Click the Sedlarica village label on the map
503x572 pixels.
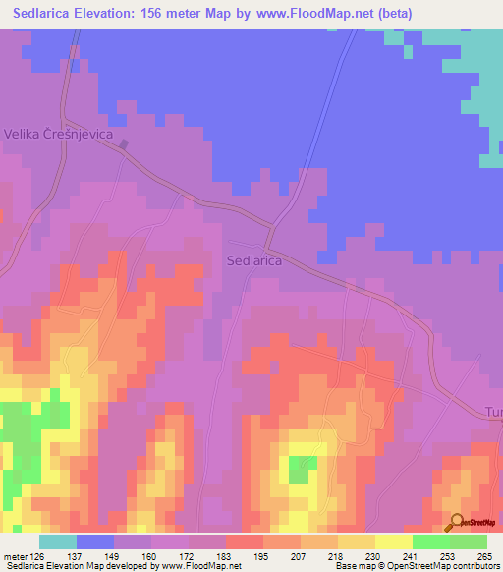click(254, 261)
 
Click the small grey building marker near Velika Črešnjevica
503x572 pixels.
click(124, 145)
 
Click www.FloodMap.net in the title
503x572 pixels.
click(320, 14)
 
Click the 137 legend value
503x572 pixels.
click(95, 557)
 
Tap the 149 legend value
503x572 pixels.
click(133, 557)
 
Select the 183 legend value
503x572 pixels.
click(208, 557)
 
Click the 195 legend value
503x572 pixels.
click(247, 557)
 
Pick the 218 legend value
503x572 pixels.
click(321, 557)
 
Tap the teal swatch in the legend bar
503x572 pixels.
click(57, 542)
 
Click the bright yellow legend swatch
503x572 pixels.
click(393, 542)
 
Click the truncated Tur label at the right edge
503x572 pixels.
click(493, 414)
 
